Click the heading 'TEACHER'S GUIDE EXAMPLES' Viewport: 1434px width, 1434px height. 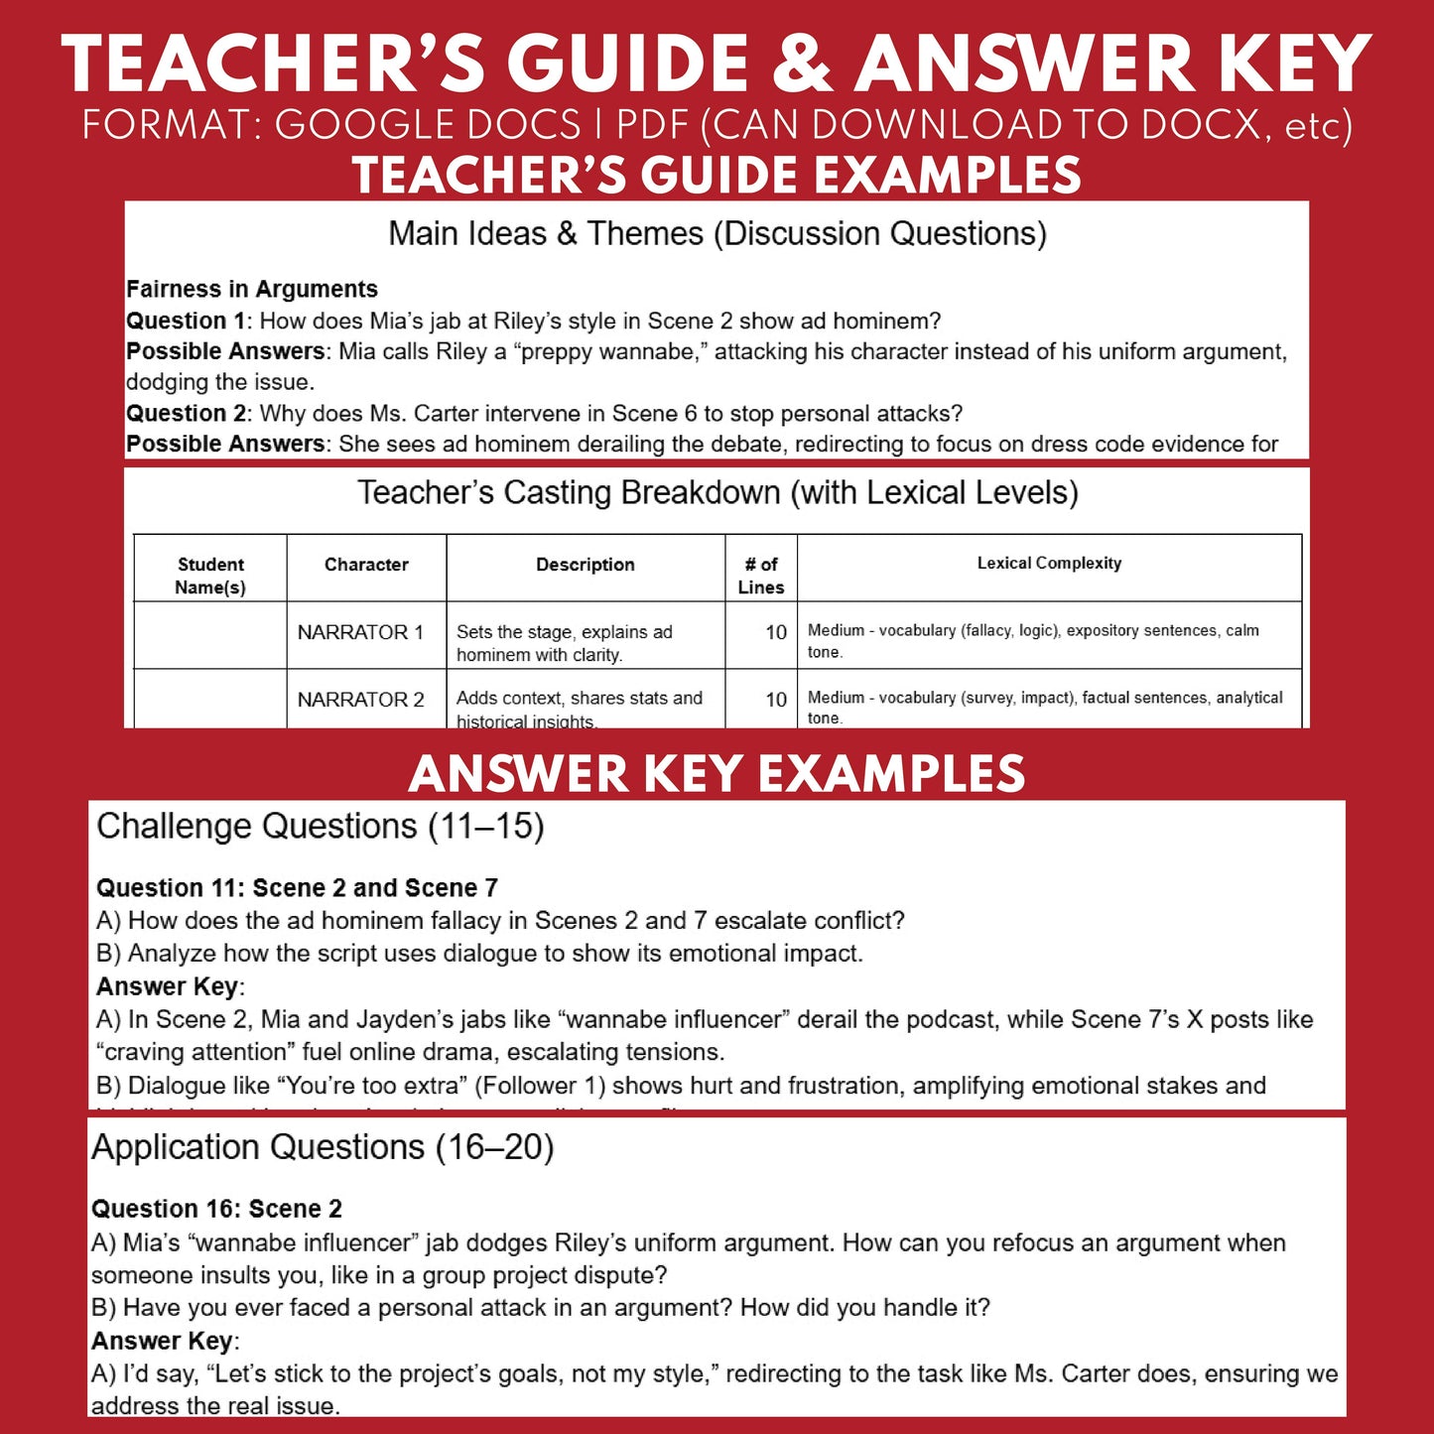click(x=717, y=176)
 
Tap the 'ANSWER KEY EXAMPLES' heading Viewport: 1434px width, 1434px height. click(x=717, y=774)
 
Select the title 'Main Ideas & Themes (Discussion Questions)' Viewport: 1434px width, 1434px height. click(x=717, y=233)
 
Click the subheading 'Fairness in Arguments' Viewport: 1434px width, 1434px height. click(x=252, y=289)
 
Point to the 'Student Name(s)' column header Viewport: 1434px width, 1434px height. click(x=210, y=576)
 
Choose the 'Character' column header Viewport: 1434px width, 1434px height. click(x=366, y=565)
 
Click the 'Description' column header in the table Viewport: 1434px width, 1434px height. click(x=586, y=565)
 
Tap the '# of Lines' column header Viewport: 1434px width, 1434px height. click(x=761, y=576)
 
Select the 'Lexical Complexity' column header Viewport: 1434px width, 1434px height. click(x=1049, y=564)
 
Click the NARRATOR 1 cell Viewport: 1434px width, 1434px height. click(x=360, y=632)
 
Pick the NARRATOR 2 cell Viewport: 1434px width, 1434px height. click(x=361, y=700)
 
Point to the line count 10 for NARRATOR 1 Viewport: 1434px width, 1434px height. click(x=776, y=632)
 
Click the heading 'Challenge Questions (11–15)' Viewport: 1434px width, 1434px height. click(x=321, y=827)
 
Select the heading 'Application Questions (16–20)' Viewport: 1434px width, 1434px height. click(x=323, y=1147)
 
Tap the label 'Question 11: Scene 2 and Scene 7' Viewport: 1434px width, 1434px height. click(x=297, y=887)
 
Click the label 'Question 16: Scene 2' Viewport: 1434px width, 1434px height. click(x=216, y=1209)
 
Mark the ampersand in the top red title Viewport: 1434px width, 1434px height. click(x=802, y=64)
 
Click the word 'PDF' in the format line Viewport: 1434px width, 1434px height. click(x=652, y=126)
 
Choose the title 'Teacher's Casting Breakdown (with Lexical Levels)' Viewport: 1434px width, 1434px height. click(x=717, y=492)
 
